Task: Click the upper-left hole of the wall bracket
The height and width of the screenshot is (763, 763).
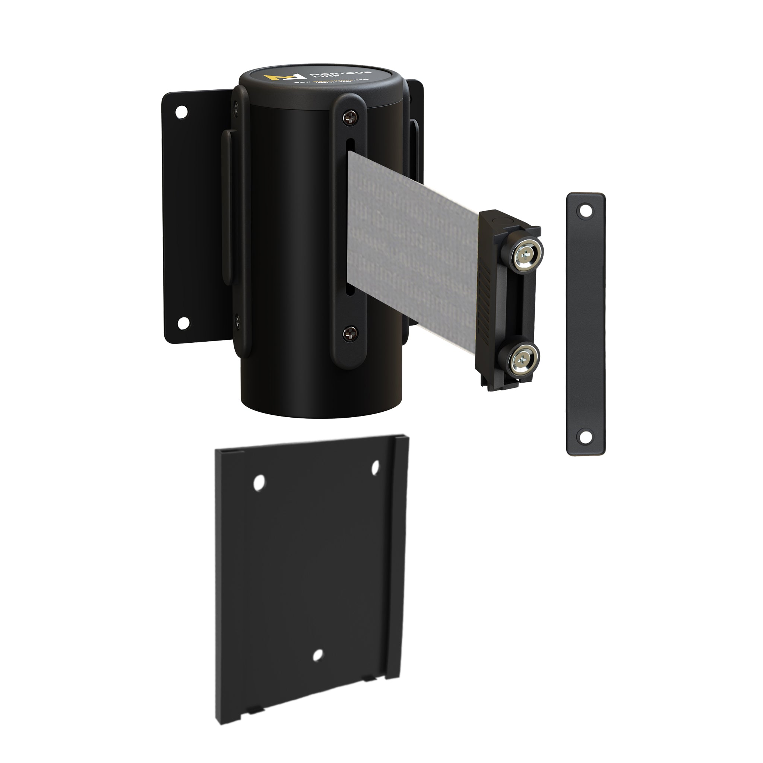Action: pos(182,112)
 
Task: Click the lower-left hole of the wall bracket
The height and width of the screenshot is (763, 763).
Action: pos(183,323)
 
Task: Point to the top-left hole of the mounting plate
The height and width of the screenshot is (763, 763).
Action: pos(259,482)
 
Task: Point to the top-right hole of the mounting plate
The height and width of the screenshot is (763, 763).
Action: pos(375,467)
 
